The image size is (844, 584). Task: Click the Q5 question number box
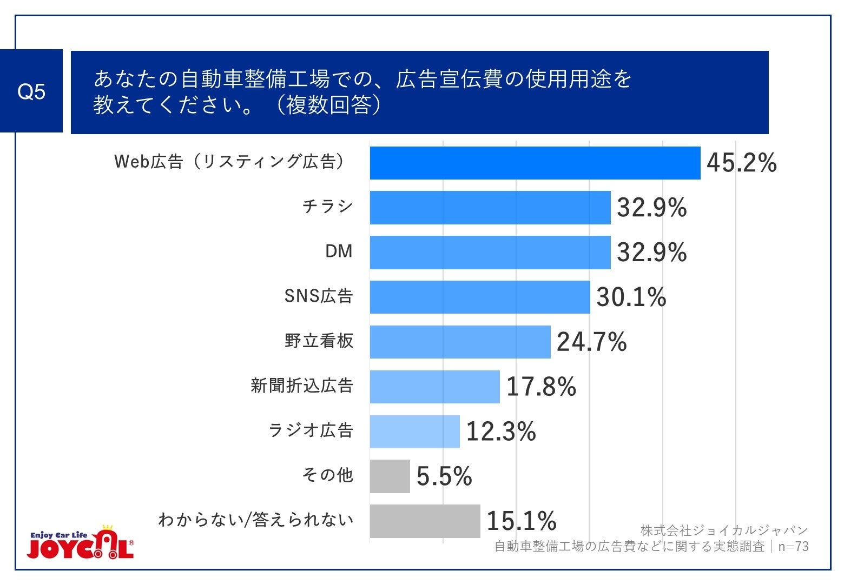coord(31,91)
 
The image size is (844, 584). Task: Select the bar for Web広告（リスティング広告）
coord(535,163)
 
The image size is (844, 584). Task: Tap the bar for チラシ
coord(490,208)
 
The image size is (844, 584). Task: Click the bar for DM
coord(490,253)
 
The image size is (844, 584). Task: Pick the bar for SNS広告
coord(480,297)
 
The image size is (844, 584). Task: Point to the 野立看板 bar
coord(460,342)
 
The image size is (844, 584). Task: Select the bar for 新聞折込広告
coord(434,387)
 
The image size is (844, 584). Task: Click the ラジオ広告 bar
coord(414,432)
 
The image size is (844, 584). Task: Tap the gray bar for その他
coord(390,476)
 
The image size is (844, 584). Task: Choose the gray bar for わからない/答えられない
coord(425,521)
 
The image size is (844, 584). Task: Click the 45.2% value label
coord(741,163)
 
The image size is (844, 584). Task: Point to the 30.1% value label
coord(631,297)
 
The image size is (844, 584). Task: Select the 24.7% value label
coord(591,342)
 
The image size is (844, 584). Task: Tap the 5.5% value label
coord(444,476)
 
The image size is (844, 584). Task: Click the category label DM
coord(339,251)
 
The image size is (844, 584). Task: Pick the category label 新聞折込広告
coord(302,386)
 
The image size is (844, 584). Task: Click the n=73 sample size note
coord(793,547)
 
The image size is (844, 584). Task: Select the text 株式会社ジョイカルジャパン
coord(724,530)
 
